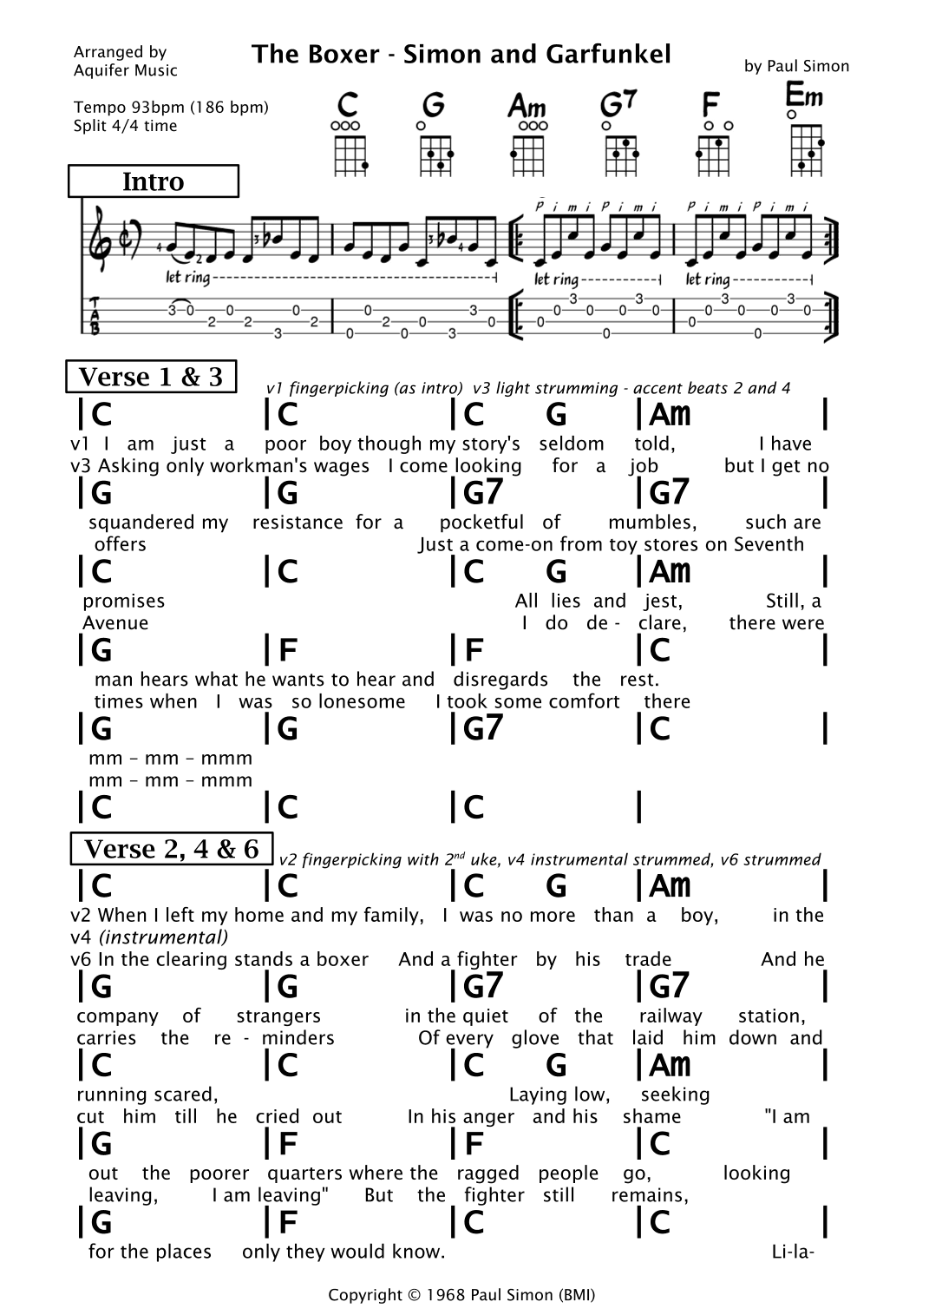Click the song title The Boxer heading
coord(461,55)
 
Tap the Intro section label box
coord(153,181)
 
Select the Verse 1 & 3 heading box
coord(151,377)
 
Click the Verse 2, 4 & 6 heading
coord(171,849)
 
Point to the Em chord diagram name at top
coord(804,94)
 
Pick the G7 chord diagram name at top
coord(618,105)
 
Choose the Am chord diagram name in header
coord(527,107)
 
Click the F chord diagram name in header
coord(710,106)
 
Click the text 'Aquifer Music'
coord(126,71)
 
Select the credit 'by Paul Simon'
coord(796,66)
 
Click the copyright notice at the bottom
coord(461,1295)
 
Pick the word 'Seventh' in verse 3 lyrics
coord(769,545)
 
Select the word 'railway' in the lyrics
coord(670,1016)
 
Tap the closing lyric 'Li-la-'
coord(792,1252)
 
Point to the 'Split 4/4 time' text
coord(126,126)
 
